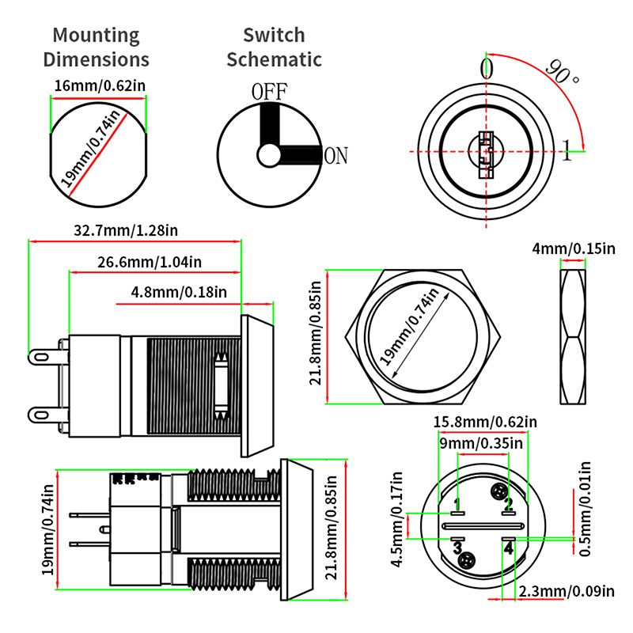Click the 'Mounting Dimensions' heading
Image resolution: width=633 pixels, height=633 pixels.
96,47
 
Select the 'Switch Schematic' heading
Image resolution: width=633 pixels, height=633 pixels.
274,47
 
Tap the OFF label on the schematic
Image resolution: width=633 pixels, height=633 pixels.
268,91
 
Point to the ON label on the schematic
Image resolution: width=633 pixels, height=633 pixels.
335,156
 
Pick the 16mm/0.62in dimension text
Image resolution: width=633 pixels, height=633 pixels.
99,85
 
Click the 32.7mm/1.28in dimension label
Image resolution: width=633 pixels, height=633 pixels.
126,231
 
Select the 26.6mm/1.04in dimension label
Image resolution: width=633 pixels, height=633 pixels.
150,262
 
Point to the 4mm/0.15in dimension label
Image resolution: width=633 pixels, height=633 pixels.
574,248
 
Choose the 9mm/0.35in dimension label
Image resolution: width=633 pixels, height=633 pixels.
485,444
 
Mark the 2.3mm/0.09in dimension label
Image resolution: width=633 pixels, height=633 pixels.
567,590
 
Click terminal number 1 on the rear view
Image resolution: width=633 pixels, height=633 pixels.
457,504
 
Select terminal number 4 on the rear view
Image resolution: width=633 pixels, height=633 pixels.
509,547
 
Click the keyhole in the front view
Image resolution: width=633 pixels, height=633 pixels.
485,150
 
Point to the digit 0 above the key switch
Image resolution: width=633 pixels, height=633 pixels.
487,69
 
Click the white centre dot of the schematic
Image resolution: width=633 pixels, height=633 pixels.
269,153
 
